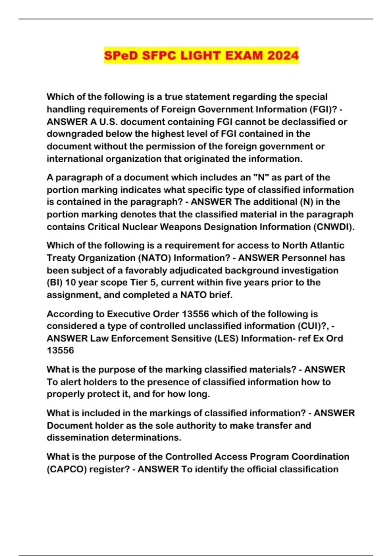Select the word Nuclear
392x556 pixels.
(x=139, y=227)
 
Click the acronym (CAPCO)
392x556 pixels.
(x=67, y=469)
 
